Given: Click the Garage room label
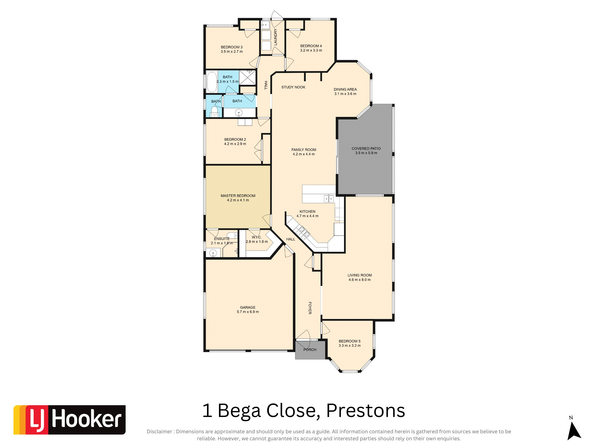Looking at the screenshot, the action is click(x=248, y=307).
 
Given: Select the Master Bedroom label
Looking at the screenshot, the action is click(x=238, y=196).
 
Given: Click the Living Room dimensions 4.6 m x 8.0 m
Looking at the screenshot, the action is click(x=360, y=280).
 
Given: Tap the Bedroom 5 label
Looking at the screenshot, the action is click(x=349, y=341).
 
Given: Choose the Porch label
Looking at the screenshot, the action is click(x=310, y=350).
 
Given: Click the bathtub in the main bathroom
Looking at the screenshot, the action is click(x=212, y=82).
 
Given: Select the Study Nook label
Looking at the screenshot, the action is click(x=293, y=87).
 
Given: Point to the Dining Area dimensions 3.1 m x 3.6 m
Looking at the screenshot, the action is click(x=345, y=94).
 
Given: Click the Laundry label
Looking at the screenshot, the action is click(x=275, y=37).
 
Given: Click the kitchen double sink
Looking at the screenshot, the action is click(x=328, y=199).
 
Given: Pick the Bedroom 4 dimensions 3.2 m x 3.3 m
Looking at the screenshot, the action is click(x=311, y=50).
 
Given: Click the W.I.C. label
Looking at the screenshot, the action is click(x=256, y=237).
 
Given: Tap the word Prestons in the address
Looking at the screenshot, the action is click(x=366, y=411).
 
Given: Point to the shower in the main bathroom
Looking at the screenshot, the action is click(x=247, y=77).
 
